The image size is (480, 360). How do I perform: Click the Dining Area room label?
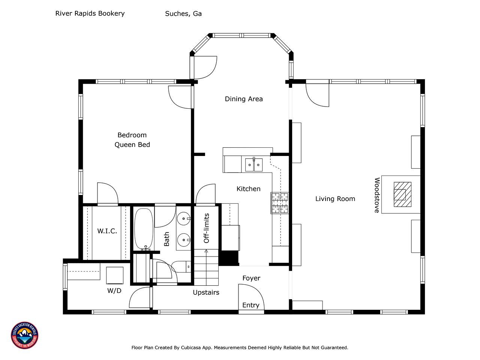click(x=244, y=99)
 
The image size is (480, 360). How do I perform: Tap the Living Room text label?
click(x=335, y=199)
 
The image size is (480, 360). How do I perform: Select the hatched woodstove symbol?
click(x=402, y=194)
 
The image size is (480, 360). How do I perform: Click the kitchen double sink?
click(x=253, y=165)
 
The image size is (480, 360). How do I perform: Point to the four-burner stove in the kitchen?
click(x=280, y=203)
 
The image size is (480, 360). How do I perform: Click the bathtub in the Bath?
click(x=144, y=229)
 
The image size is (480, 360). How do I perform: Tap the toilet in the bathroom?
click(x=181, y=267)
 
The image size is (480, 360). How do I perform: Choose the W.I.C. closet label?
click(x=107, y=231)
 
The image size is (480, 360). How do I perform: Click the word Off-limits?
click(x=206, y=228)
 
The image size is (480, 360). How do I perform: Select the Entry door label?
click(x=250, y=305)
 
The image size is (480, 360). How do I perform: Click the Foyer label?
click(x=251, y=278)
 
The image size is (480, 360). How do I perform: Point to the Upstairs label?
click(x=206, y=292)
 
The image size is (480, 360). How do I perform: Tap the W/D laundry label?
click(x=114, y=291)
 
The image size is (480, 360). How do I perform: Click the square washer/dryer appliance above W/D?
click(x=115, y=275)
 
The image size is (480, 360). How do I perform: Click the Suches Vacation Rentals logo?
click(x=24, y=335)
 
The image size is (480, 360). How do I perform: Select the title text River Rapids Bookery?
click(x=90, y=13)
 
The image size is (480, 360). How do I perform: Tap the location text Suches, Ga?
click(x=183, y=14)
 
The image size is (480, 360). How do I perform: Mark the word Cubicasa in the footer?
click(x=191, y=348)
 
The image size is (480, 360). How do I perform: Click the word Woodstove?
click(x=377, y=195)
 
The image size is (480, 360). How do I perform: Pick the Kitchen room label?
click(x=248, y=189)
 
